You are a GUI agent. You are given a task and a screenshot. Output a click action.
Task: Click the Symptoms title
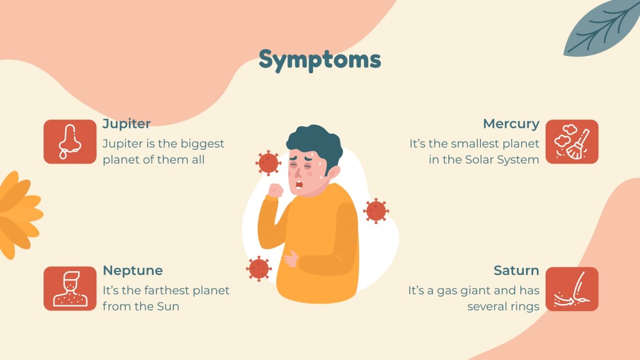(320, 60)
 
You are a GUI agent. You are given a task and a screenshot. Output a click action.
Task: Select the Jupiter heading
(126, 124)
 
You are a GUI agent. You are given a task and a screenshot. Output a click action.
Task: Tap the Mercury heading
(511, 124)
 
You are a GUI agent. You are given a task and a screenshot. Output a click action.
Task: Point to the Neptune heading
(133, 270)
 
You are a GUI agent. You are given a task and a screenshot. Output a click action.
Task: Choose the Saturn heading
(516, 270)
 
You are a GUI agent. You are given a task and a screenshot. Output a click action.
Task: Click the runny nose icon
(70, 142)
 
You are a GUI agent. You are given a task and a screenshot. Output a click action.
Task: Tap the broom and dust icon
(571, 142)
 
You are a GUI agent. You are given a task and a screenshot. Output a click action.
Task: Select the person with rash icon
(70, 288)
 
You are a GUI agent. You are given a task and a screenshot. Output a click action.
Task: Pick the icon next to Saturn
(571, 289)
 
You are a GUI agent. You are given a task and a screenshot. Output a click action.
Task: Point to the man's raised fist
(275, 190)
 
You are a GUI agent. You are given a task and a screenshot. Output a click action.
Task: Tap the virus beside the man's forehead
(268, 163)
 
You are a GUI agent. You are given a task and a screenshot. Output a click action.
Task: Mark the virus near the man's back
(376, 211)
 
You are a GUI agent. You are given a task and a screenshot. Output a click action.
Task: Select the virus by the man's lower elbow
(259, 268)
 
